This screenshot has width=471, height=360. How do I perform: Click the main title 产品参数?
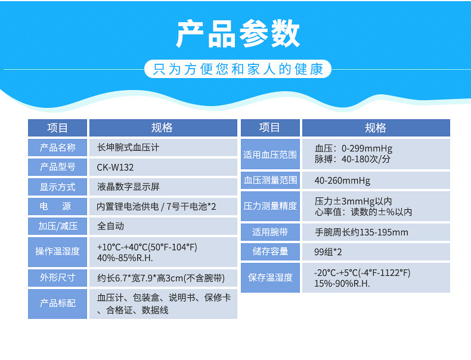click(x=238, y=33)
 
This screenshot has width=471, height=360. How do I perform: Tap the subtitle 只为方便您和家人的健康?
click(x=238, y=69)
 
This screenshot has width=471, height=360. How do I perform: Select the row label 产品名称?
click(x=57, y=147)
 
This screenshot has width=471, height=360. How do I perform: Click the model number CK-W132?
click(x=115, y=167)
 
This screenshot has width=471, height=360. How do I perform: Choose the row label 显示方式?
click(x=57, y=187)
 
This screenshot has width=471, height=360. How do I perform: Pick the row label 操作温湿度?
click(x=57, y=252)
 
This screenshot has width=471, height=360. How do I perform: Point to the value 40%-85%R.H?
click(x=125, y=258)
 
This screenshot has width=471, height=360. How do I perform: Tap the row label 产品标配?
click(x=57, y=303)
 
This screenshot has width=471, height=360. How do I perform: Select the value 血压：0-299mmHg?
click(x=354, y=148)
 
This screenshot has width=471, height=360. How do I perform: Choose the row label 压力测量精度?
click(x=270, y=206)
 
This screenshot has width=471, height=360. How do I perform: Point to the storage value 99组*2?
click(x=328, y=252)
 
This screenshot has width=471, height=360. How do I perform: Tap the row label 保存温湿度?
click(x=270, y=277)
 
